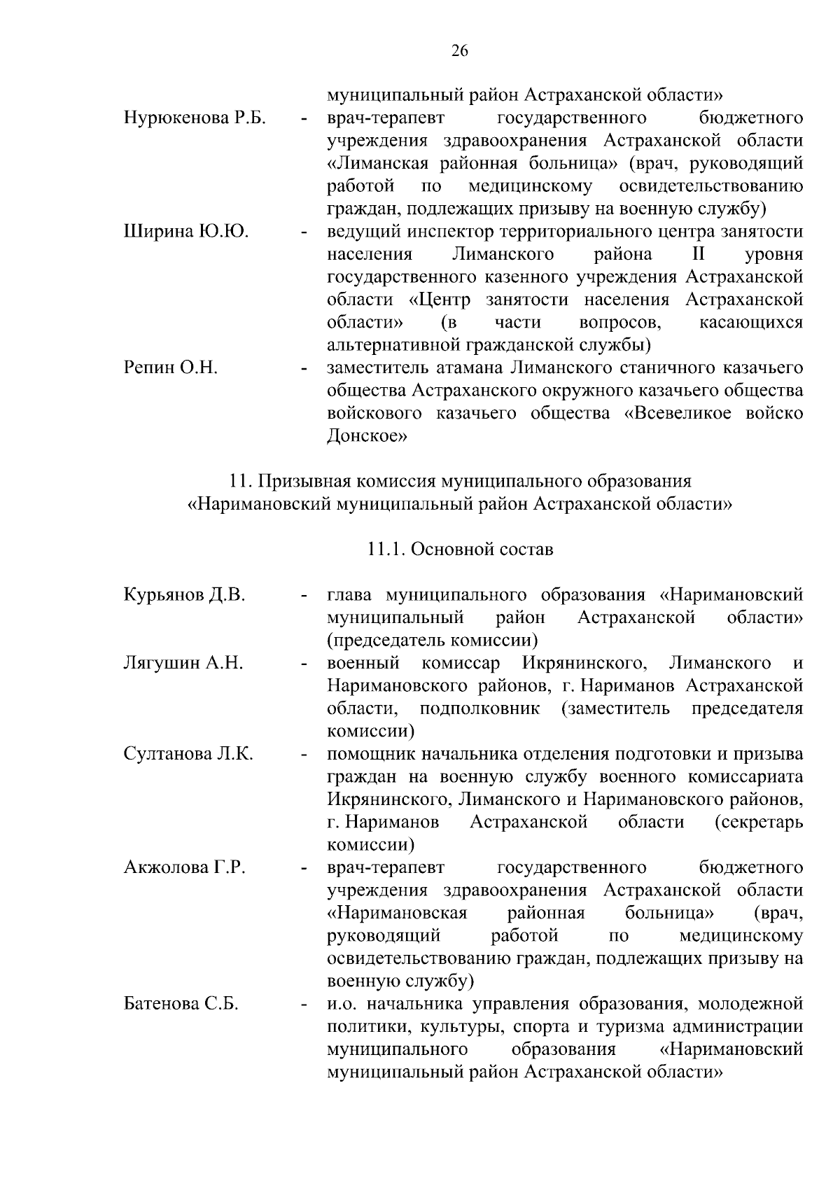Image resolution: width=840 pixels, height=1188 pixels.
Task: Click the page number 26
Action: tap(460, 51)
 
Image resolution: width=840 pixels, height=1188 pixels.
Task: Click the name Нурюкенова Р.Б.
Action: tap(195, 118)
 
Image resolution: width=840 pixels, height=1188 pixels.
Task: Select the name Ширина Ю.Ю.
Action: tap(186, 232)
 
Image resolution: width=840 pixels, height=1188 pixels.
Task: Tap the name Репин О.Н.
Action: tap(171, 368)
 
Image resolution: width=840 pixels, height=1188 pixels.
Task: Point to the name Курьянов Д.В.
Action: tap(185, 595)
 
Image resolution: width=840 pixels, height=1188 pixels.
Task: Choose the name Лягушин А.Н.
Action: tap(183, 663)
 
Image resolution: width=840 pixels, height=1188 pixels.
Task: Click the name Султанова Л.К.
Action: tap(188, 754)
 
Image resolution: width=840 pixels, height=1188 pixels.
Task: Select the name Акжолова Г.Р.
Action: tap(185, 868)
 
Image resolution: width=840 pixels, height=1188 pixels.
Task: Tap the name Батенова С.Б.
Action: tap(181, 1004)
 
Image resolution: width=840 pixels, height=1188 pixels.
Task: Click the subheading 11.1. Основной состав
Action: tap(460, 550)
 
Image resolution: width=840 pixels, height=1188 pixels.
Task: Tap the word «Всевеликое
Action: tap(675, 413)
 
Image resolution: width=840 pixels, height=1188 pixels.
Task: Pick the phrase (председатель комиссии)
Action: tap(432, 640)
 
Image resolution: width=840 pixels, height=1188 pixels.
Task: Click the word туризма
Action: tap(629, 1027)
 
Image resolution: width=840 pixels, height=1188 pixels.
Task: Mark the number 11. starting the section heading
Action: tap(241, 482)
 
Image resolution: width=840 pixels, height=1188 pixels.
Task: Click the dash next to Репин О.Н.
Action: tap(304, 368)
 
